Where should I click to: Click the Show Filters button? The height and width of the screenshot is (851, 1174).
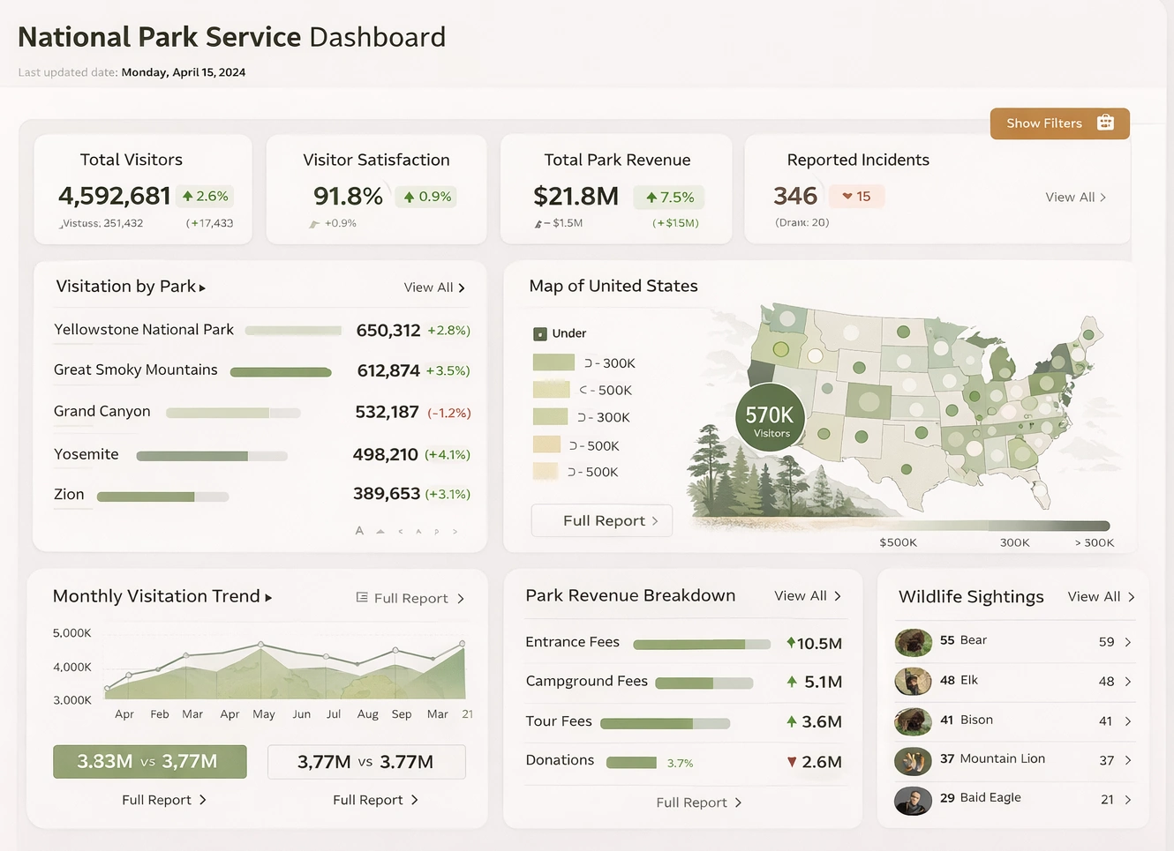pyautogui.click(x=1058, y=123)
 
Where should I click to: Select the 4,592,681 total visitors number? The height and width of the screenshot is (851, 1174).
pyautogui.click(x=114, y=196)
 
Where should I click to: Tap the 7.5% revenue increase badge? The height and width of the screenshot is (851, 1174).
pyautogui.click(x=669, y=197)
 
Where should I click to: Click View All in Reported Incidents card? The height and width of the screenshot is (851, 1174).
pyautogui.click(x=1074, y=198)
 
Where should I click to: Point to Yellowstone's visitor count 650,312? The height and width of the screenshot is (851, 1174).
pyautogui.click(x=388, y=331)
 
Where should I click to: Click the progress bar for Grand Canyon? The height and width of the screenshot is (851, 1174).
pyautogui.click(x=233, y=413)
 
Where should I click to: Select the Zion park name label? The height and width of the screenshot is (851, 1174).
pyautogui.click(x=69, y=495)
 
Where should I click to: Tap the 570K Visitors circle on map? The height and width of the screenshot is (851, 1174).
pyautogui.click(x=770, y=418)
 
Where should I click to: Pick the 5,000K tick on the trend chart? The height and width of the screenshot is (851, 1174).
pyautogui.click(x=71, y=633)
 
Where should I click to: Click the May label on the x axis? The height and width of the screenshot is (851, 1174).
pyautogui.click(x=263, y=714)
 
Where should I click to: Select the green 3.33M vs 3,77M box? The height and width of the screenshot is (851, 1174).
pyautogui.click(x=149, y=762)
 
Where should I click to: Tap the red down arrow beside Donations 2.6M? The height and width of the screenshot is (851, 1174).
pyautogui.click(x=792, y=762)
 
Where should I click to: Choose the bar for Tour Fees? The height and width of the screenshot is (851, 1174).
pyautogui.click(x=665, y=723)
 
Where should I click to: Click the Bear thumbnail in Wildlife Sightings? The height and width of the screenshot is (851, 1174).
pyautogui.click(x=913, y=642)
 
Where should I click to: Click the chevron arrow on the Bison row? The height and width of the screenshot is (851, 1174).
pyautogui.click(x=1128, y=721)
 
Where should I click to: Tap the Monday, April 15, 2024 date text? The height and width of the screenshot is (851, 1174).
pyautogui.click(x=183, y=72)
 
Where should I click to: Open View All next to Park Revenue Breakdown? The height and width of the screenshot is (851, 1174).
pyautogui.click(x=807, y=596)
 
